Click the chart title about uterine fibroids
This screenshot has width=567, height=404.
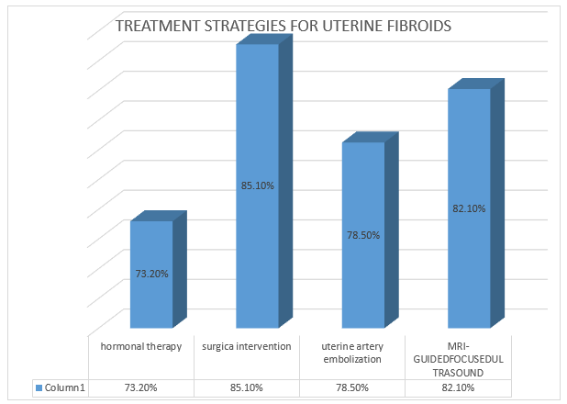point(283,26)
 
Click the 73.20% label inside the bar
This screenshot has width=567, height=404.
point(151,273)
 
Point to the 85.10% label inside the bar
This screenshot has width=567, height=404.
point(258,185)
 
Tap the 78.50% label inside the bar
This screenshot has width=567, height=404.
point(363,234)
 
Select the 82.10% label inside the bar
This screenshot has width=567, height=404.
point(469,208)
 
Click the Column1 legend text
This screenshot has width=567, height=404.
point(67,388)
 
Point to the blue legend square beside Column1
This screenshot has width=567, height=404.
point(39,388)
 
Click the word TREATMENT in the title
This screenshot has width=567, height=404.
point(152,26)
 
